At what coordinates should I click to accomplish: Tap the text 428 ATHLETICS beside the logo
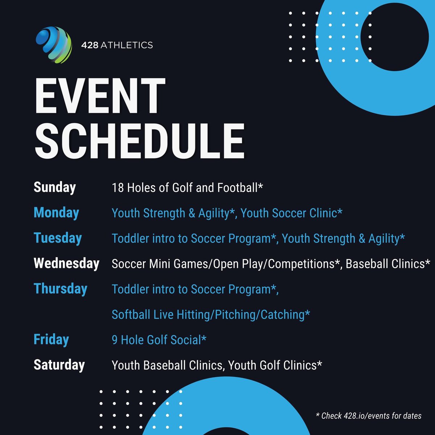click(117, 45)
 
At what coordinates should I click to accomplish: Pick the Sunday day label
click(55, 187)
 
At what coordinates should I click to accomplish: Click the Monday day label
click(56, 213)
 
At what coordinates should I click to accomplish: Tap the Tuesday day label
click(58, 238)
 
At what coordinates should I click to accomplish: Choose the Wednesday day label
click(66, 264)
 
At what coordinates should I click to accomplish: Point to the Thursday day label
click(61, 289)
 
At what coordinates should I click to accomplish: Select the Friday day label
click(51, 340)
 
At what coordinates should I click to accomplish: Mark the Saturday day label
click(59, 365)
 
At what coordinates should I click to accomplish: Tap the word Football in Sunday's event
click(237, 188)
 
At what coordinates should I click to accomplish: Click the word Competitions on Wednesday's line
click(301, 264)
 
